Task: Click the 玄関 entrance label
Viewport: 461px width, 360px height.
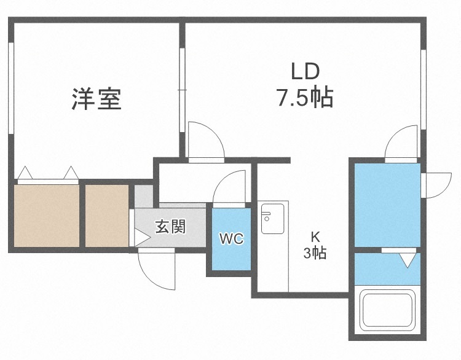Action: click(x=170, y=227)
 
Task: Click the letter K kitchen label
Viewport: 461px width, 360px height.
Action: click(x=315, y=236)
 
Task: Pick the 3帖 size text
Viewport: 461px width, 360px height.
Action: click(x=315, y=252)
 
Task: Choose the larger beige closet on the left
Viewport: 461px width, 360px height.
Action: click(x=45, y=214)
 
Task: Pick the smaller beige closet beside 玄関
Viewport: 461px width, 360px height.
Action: click(x=106, y=214)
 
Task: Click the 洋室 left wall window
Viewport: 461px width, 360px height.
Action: click(x=10, y=86)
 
